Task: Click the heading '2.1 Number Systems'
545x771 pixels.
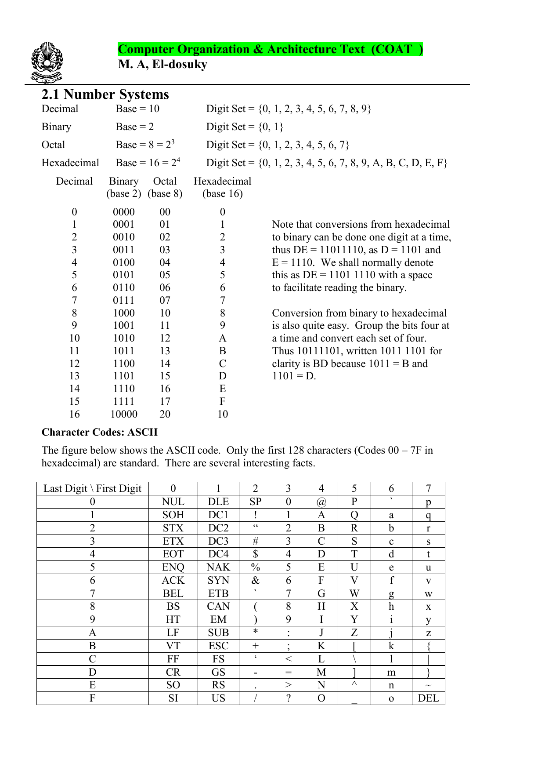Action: point(105,95)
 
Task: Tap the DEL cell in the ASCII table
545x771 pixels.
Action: point(428,698)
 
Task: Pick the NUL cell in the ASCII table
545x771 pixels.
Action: point(173,502)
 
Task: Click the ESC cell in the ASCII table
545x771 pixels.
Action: point(218,646)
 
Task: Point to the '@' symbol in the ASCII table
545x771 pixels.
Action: point(321,502)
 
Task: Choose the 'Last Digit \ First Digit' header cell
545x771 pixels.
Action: point(92,488)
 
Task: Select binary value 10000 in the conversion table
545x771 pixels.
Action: point(124,414)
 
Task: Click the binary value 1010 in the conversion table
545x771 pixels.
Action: point(123,338)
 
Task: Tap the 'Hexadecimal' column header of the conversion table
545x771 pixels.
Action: point(222,182)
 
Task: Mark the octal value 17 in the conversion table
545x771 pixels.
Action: point(165,401)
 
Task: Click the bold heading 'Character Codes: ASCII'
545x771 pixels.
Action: point(99,432)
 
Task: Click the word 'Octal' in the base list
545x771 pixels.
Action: point(53,145)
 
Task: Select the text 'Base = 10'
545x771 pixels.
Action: point(137,109)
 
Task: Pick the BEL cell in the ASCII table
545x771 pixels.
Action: point(173,593)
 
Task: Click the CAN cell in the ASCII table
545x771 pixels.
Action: point(218,606)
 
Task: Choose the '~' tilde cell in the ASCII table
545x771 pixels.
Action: point(428,685)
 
